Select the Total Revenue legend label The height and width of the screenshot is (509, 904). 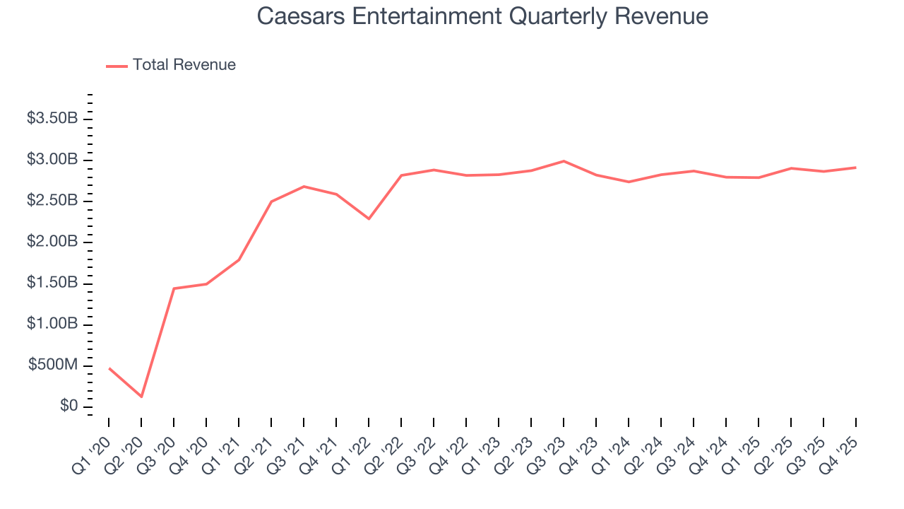(x=184, y=65)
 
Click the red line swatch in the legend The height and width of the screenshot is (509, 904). (x=117, y=66)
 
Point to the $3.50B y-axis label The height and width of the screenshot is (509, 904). (x=52, y=118)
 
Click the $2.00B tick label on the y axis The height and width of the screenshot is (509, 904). (x=52, y=242)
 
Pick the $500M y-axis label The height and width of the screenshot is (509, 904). (x=53, y=365)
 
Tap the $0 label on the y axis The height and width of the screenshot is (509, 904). (x=69, y=406)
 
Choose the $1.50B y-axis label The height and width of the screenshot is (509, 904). (x=52, y=283)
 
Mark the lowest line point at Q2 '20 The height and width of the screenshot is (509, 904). (x=141, y=397)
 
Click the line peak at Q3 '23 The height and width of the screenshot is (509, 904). (x=564, y=161)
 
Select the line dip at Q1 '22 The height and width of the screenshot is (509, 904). (x=369, y=218)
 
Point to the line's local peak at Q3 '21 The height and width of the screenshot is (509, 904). (x=304, y=187)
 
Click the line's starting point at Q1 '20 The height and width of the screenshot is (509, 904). (x=109, y=368)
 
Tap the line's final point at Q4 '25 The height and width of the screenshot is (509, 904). (x=856, y=168)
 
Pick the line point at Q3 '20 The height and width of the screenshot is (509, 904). (x=174, y=288)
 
